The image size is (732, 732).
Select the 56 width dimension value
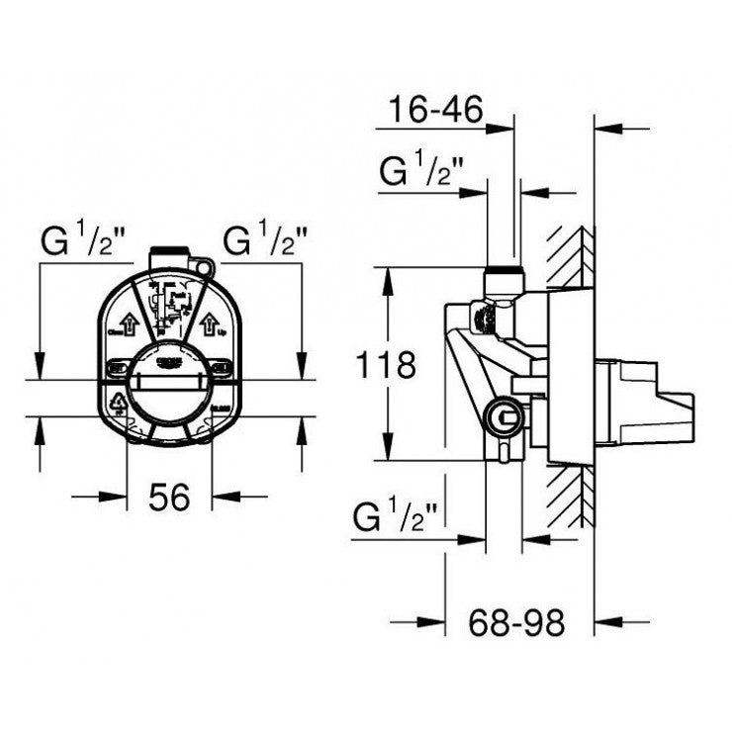click(169, 498)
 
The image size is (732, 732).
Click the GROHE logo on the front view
click(169, 362)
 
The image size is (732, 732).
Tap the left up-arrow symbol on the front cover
click(129, 322)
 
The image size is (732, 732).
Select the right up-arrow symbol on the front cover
click(210, 323)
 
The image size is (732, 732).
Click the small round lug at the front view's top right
click(205, 266)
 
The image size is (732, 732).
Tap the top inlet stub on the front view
click(166, 255)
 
